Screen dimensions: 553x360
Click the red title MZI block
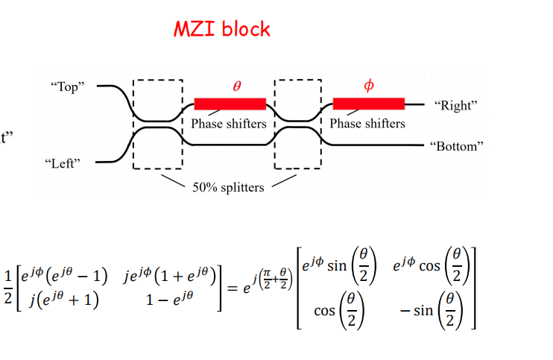(222, 29)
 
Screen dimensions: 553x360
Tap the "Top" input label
(68, 86)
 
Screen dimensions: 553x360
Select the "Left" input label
(63, 163)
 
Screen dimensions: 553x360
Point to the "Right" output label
(455, 105)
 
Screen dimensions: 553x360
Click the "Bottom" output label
(457, 146)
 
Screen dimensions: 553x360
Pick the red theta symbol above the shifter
(237, 86)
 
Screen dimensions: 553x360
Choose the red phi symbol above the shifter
(369, 85)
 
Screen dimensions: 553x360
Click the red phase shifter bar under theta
(230, 104)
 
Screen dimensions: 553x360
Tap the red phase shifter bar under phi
(369, 104)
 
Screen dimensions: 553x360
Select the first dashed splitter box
(133, 124)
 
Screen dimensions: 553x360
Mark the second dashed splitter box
(275, 124)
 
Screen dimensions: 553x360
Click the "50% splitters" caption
(228, 187)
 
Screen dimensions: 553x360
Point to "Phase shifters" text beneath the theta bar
(229, 124)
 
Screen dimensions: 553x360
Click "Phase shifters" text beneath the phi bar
(367, 124)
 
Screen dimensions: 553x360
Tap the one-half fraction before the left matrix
(7, 287)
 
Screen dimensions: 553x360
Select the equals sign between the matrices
(232, 288)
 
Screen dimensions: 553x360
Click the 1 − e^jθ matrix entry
(170, 300)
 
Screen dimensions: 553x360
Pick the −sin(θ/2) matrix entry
(432, 311)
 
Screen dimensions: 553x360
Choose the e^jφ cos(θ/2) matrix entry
(432, 266)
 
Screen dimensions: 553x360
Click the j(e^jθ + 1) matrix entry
(64, 300)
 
